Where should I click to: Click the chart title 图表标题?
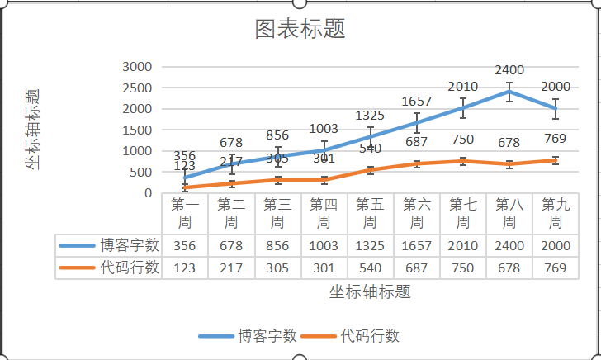(x=300, y=29)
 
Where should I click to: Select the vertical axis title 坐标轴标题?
(x=33, y=129)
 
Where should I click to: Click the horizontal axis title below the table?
(x=370, y=291)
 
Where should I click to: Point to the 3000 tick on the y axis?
(x=136, y=67)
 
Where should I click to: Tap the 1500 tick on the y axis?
(x=136, y=130)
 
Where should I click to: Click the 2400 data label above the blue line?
(x=509, y=71)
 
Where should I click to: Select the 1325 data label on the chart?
(x=371, y=115)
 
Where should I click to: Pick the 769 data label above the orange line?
(x=556, y=138)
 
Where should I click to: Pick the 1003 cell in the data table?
(x=324, y=245)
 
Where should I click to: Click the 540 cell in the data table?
(x=371, y=268)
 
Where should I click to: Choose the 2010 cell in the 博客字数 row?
(x=463, y=245)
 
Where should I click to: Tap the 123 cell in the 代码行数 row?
(x=185, y=268)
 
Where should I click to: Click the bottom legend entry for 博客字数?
(x=248, y=336)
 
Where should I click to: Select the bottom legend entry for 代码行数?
(x=351, y=336)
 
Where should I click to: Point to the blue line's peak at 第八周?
(x=509, y=91)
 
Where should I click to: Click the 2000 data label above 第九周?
(x=556, y=87)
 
